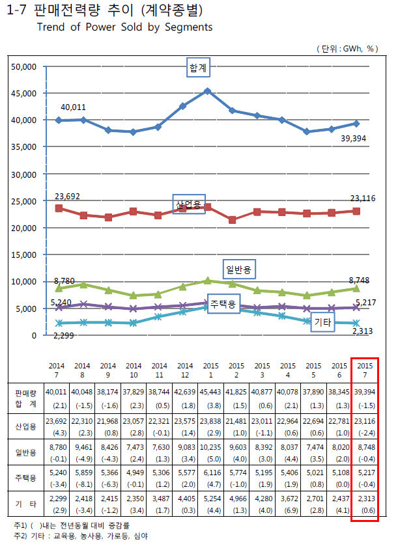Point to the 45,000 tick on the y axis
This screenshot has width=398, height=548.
tap(23, 93)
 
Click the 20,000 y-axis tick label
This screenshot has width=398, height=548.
tap(23, 228)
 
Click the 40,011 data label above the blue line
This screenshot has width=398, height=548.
tap(74, 107)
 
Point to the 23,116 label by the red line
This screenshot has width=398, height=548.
tap(362, 198)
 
